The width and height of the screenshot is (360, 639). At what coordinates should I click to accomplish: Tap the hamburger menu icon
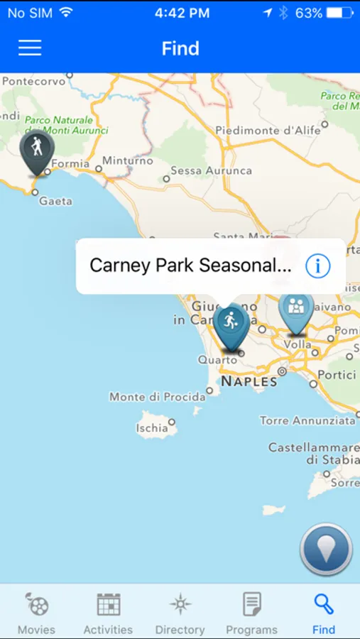point(30,48)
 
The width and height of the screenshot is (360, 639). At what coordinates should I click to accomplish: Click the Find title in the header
point(180,48)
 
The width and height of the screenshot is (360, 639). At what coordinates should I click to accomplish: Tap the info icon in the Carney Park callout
point(318,266)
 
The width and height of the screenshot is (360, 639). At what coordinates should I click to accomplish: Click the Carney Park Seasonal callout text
point(190,266)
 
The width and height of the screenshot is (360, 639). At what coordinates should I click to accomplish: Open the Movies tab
point(36,613)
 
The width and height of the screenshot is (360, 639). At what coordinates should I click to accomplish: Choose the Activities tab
point(108,613)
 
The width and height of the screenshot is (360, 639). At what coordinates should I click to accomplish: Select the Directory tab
point(180,613)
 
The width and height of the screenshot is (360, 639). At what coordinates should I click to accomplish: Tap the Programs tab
point(251,613)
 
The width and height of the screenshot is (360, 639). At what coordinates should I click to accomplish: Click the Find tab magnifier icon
point(324,604)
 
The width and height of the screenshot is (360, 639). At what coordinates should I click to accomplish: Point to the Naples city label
point(249,381)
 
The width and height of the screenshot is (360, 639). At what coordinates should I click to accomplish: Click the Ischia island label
point(153,427)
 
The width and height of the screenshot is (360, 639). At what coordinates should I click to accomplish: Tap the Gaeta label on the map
point(55,201)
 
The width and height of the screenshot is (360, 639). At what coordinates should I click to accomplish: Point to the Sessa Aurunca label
point(212,170)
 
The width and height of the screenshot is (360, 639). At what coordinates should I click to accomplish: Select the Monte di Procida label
point(157,397)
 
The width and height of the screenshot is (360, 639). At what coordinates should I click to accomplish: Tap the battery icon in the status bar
point(340,13)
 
